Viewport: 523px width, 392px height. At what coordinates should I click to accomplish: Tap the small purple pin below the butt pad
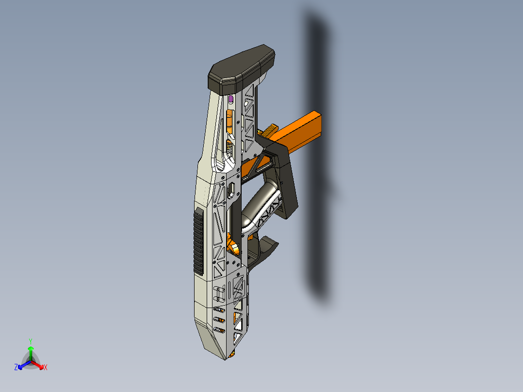tap(230, 99)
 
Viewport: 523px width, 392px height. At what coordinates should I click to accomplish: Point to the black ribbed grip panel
tap(198, 241)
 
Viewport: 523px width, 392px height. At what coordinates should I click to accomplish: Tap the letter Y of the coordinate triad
tap(30, 341)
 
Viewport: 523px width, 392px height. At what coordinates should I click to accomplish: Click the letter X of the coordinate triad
tap(46, 368)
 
